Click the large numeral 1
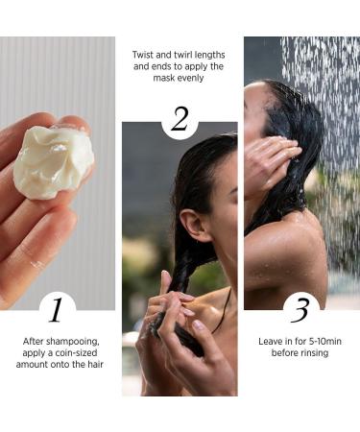tap(56, 310)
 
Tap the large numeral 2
tap(180, 119)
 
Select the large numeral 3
tap(300, 310)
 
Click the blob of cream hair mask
tap(53, 161)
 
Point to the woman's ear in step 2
tap(195, 225)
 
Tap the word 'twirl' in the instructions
tap(184, 55)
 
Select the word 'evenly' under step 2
tap(190, 79)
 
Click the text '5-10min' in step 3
tap(324, 342)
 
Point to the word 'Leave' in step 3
tap(270, 342)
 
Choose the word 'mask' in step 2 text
tap(163, 79)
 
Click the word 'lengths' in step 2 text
tap(211, 56)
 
